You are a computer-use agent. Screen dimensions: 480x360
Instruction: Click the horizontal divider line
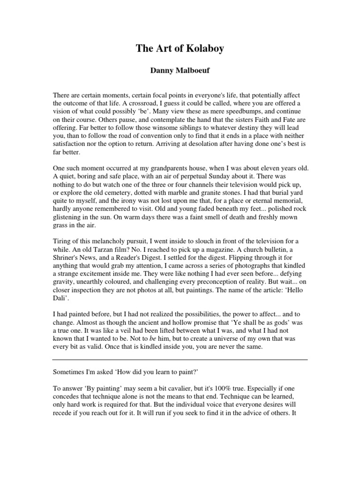point(180,360)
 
